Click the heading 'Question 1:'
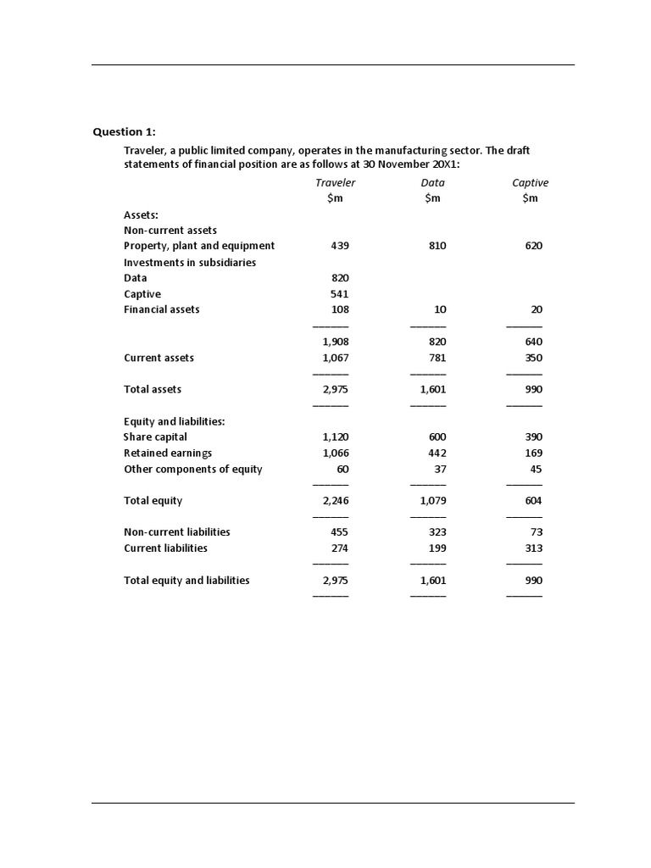(124, 131)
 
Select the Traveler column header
(335, 182)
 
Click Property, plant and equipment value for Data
(437, 246)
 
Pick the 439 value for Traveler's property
(340, 246)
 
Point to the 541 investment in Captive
(339, 294)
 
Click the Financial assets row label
(162, 309)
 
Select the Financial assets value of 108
(340, 309)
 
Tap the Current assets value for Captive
(533, 358)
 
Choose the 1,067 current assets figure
(336, 358)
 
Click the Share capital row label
(155, 437)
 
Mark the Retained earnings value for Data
(437, 453)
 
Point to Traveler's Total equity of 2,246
(336, 501)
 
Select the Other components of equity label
(193, 470)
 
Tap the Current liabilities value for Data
(437, 548)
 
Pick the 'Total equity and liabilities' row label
(186, 581)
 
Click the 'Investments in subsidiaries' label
(190, 263)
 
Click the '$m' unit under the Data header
(432, 198)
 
